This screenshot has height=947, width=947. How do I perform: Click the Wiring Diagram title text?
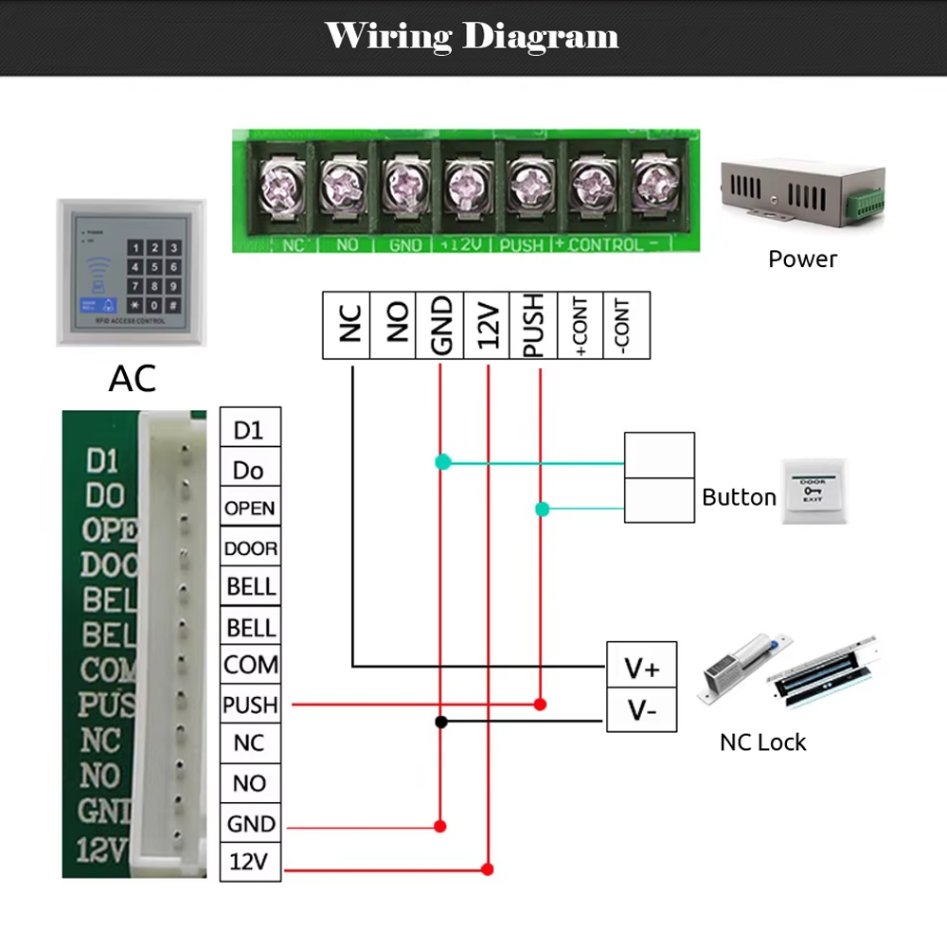click(x=472, y=36)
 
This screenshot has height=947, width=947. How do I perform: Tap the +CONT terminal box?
click(x=581, y=325)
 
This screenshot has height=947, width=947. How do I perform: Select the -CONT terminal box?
click(x=626, y=325)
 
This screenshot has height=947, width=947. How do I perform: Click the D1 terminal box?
click(x=249, y=430)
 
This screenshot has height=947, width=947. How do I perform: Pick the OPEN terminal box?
click(x=249, y=509)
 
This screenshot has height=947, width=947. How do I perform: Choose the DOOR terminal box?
click(x=249, y=548)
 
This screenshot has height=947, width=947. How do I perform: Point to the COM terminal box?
click(x=249, y=666)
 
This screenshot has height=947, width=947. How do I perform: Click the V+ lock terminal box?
click(x=641, y=669)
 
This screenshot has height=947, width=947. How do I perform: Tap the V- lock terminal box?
click(x=641, y=709)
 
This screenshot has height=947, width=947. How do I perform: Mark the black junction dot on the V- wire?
click(x=440, y=722)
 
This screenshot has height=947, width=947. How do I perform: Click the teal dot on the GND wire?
click(x=442, y=462)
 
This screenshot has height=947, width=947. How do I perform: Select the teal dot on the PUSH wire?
click(x=542, y=509)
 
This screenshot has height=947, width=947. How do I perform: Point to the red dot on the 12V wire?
click(x=488, y=868)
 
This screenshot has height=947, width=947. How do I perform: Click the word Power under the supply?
click(x=802, y=259)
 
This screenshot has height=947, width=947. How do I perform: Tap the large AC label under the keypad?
click(x=133, y=378)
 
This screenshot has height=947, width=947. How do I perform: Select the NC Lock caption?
click(x=762, y=742)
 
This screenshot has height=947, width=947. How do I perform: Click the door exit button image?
click(x=813, y=492)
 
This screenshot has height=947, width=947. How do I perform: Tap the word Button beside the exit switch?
click(x=739, y=497)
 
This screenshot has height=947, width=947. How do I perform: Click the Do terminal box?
click(x=249, y=470)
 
